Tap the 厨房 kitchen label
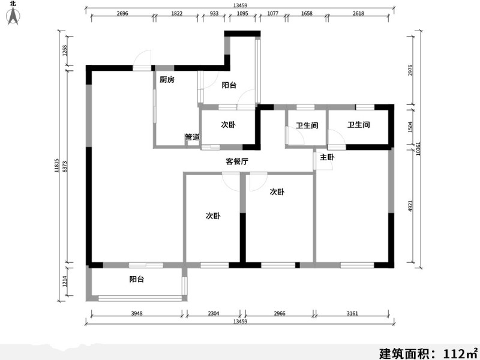click(x=166, y=80)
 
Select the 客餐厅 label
click(x=237, y=161)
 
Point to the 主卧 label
click(x=327, y=157)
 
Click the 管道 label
click(x=192, y=137)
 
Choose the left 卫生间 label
click(x=307, y=126)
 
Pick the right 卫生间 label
click(x=358, y=125)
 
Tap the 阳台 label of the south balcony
click(x=136, y=279)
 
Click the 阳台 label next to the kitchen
click(x=229, y=86)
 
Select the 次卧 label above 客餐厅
click(x=228, y=125)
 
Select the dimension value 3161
click(x=355, y=313)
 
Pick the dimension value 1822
click(x=177, y=13)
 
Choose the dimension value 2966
click(x=278, y=313)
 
